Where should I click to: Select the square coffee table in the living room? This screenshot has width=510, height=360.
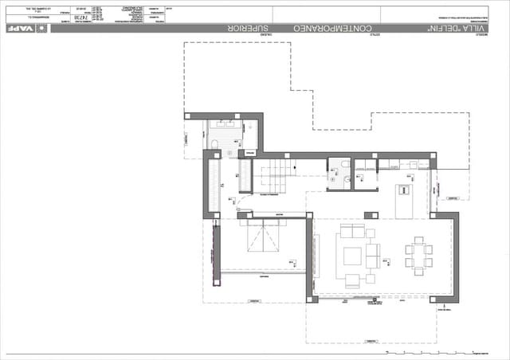click(x=351, y=256)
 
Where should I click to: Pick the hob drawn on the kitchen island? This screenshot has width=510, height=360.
click(x=404, y=190)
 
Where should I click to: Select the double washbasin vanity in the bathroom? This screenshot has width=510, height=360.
click(x=223, y=125)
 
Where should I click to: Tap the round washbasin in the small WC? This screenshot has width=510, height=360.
click(x=333, y=180)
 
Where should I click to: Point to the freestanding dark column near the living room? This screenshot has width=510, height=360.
click(x=371, y=215)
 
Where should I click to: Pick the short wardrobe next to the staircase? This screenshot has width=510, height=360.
click(x=245, y=176)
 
